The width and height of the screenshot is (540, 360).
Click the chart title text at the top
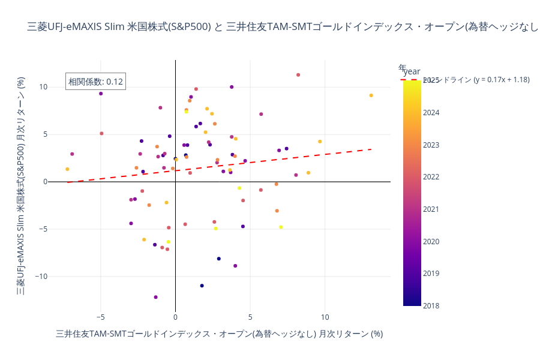click(x=282, y=27)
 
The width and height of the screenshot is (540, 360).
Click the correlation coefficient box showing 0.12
click(x=95, y=82)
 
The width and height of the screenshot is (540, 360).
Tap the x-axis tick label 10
click(x=325, y=317)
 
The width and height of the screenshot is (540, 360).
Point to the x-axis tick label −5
click(x=100, y=317)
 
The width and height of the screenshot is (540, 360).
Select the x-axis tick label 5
click(x=250, y=317)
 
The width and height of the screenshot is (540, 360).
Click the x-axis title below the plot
click(x=219, y=334)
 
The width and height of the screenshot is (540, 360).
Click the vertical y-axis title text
click(x=20, y=186)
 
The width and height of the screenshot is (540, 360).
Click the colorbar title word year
click(x=412, y=71)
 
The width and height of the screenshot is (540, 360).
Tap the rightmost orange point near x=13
click(x=371, y=95)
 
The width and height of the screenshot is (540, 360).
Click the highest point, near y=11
click(x=298, y=75)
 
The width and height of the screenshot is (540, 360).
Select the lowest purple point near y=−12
click(x=156, y=297)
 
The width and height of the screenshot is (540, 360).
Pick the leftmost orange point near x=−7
click(x=67, y=169)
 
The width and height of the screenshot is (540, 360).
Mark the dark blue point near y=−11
click(x=202, y=286)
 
